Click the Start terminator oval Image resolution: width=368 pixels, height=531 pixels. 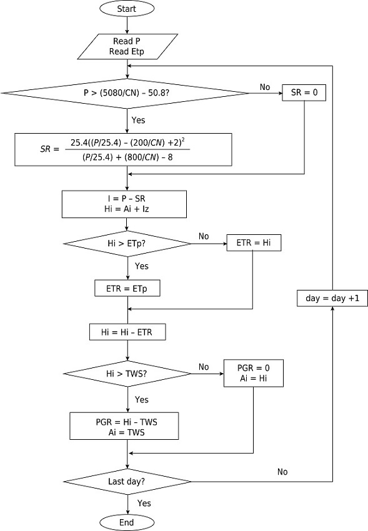(x=127, y=9)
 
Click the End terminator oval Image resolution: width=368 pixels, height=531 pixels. (x=127, y=522)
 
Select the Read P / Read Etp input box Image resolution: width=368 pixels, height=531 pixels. (x=127, y=46)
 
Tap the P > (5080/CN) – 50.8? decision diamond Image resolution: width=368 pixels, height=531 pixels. (x=127, y=93)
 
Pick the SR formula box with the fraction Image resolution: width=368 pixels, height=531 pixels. (x=127, y=149)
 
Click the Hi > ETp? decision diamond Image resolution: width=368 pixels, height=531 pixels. (x=127, y=242)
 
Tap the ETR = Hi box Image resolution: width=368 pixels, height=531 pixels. (x=254, y=242)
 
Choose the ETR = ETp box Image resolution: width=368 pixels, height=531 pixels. (x=127, y=289)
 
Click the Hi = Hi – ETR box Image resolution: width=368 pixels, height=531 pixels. (x=127, y=332)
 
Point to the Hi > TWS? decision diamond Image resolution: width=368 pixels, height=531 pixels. (x=127, y=373)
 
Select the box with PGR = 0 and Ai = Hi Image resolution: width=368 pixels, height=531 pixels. (x=254, y=373)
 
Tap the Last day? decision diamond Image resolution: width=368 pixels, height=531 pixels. (x=127, y=482)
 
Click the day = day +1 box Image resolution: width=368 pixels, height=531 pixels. (x=332, y=299)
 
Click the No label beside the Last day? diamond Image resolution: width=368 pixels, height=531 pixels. (x=282, y=472)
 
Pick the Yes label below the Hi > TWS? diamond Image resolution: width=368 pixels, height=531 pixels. (x=142, y=399)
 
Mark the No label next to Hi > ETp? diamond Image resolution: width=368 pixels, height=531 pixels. (x=204, y=237)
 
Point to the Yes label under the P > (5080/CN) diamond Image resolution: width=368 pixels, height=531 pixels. (x=139, y=119)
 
